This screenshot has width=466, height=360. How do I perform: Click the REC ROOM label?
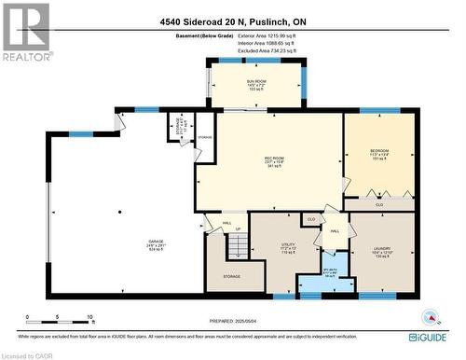pyautogui.click(x=274, y=159)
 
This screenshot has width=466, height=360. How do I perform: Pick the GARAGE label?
pyautogui.click(x=155, y=247)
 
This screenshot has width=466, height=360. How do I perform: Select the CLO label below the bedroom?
pyautogui.click(x=378, y=202)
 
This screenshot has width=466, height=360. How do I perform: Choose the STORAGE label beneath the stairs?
pyautogui.click(x=231, y=276)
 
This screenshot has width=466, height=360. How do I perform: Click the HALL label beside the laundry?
pyautogui.click(x=334, y=230)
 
